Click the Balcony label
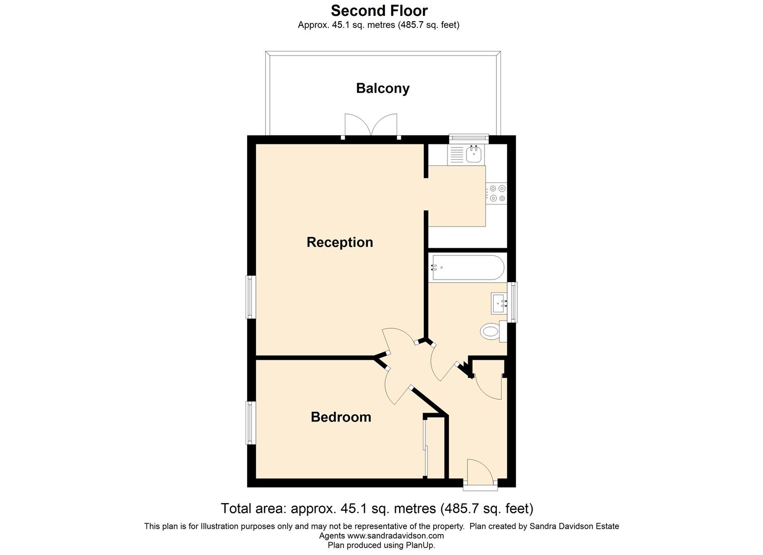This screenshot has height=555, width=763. pos(382,88)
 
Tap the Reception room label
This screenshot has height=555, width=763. pos(340,242)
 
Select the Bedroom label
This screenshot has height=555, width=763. pos(341,417)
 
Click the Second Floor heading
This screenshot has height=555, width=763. pos(379,10)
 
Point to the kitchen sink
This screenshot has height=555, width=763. pos(473,153)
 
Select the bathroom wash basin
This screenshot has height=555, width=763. pos(499,303)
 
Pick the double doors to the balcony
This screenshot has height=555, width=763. pos(371,125)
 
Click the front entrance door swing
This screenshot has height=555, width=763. pos(478,470)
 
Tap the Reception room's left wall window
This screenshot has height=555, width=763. pos(251,297)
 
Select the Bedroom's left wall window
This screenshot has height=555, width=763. pos(251,422)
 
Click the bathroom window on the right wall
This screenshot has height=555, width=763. pos(512,302)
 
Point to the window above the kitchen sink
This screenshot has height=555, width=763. pos(468,137)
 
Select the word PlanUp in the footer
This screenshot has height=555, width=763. pos(421,545)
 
